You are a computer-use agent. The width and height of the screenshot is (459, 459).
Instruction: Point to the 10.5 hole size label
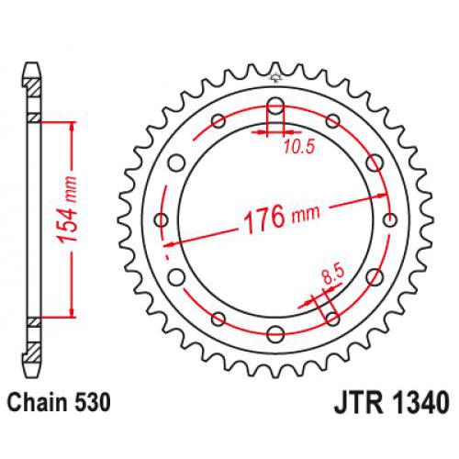click(297, 146)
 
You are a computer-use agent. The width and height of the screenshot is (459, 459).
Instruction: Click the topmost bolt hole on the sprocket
click(275, 104)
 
